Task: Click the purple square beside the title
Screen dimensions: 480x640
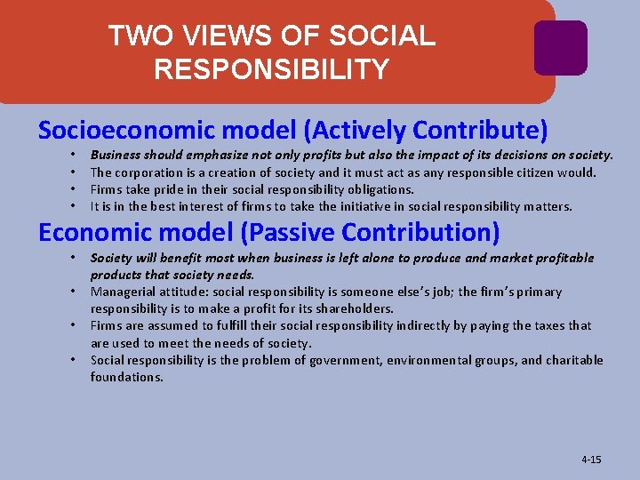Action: pyautogui.click(x=560, y=47)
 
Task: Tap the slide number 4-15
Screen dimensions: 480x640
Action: pyautogui.click(x=591, y=460)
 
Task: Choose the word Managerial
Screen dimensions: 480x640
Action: pyautogui.click(x=121, y=292)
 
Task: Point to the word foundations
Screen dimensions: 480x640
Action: pyautogui.click(x=127, y=377)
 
